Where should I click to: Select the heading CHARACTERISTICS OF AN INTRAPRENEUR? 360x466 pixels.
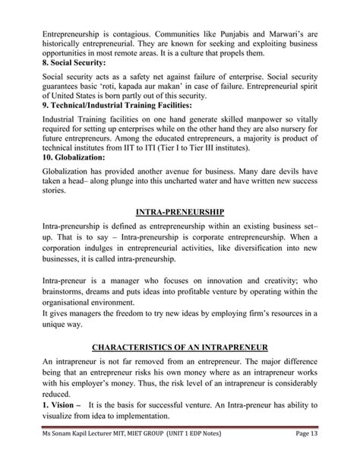[x=180, y=347]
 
